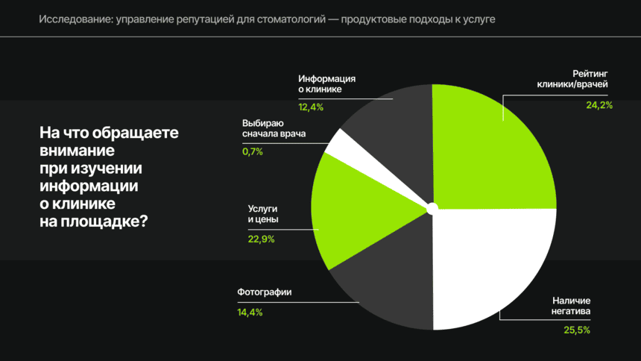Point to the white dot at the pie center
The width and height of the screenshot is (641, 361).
432,207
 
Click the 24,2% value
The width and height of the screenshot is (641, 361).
599,105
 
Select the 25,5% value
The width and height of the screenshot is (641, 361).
578,330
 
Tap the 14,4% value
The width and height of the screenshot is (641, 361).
250,312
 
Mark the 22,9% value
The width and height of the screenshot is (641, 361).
261,239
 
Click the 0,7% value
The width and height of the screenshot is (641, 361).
253,151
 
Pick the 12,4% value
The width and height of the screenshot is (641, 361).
311,107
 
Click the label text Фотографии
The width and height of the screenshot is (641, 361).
264,292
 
